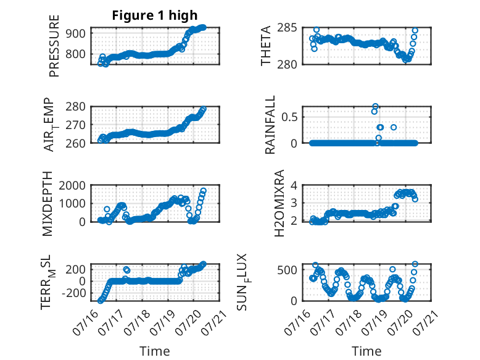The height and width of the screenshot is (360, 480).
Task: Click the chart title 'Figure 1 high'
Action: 155,15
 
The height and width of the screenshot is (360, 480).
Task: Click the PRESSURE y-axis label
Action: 54,46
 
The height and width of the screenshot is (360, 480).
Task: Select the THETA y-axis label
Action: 266,46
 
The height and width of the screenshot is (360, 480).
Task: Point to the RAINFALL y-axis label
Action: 270,125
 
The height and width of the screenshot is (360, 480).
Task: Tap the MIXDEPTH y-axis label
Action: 48,204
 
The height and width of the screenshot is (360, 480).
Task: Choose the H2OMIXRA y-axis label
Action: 279,203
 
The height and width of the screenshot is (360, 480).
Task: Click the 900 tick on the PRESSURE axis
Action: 75,33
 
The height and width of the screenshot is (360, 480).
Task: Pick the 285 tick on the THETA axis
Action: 287,28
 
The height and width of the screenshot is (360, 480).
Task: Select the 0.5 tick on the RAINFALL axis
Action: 289,117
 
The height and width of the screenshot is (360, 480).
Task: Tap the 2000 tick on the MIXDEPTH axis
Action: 72,185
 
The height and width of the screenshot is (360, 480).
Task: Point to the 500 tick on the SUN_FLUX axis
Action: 287,270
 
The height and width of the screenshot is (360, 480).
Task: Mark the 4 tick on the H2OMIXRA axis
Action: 294,185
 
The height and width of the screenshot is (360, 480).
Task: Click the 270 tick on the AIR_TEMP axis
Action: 75,125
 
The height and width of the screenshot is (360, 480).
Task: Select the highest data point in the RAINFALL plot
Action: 375,106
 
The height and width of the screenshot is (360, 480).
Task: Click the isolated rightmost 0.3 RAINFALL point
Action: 394,127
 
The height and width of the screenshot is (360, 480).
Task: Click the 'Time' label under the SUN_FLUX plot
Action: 366,351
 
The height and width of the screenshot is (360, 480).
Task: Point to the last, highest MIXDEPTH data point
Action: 203,191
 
